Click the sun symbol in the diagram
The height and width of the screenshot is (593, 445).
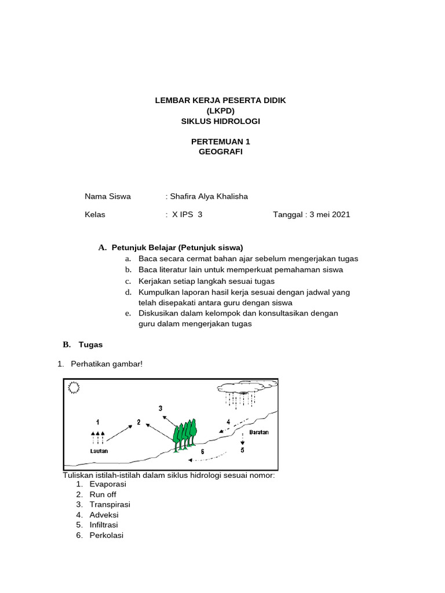point(74,388)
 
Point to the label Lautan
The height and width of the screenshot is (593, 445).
point(99,451)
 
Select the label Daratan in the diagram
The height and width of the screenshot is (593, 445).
point(259,432)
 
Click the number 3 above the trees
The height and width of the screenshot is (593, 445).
point(161,408)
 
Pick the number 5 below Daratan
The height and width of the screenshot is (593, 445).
point(242,450)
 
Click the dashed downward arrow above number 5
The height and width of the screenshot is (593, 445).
point(242,438)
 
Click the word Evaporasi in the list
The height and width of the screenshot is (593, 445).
point(108,484)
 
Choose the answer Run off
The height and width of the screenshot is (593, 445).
point(103,495)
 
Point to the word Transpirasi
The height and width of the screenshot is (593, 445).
point(110,504)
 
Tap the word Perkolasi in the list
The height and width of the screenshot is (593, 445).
point(107,535)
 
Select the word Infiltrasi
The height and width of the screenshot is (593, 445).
point(104,525)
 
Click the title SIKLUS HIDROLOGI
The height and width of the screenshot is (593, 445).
point(220,121)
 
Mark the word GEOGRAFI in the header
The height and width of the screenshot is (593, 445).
point(220,152)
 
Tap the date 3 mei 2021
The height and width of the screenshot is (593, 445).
point(330,214)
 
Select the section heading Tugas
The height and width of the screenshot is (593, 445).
point(90,345)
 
